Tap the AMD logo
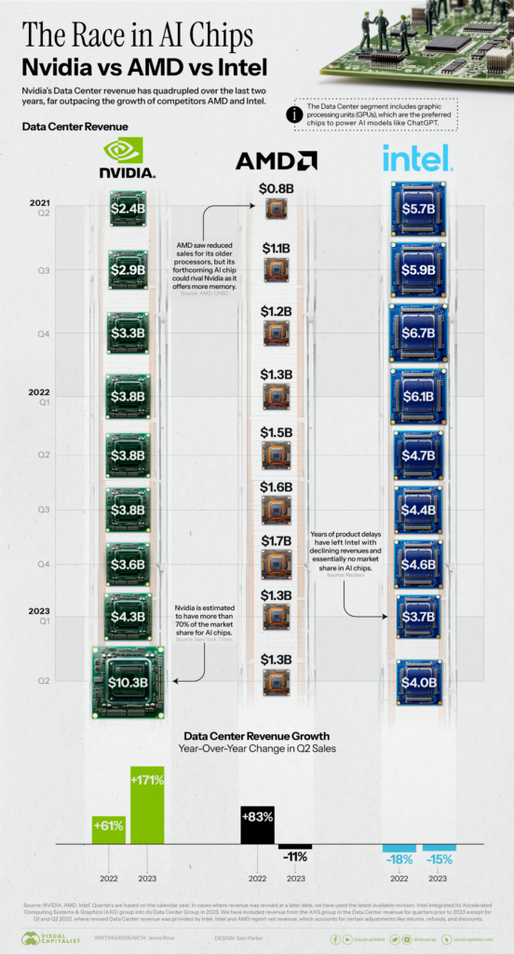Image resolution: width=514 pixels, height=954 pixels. (x=276, y=160)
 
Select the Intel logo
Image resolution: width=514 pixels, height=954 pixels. (x=416, y=157)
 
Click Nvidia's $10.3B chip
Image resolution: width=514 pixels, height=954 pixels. (x=128, y=682)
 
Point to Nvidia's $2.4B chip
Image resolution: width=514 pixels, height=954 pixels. (x=128, y=209)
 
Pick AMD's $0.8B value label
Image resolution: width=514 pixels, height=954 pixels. (x=276, y=189)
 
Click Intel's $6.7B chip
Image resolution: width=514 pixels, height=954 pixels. (x=418, y=333)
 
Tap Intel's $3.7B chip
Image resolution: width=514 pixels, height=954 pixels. (x=418, y=616)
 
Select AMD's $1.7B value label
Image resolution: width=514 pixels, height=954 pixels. (x=276, y=539)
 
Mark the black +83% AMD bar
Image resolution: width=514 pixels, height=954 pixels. (x=258, y=824)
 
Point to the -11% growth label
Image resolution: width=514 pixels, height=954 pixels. (x=296, y=855)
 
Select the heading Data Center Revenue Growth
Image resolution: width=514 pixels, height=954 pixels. (x=256, y=734)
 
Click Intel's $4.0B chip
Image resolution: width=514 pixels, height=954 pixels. (x=418, y=682)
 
